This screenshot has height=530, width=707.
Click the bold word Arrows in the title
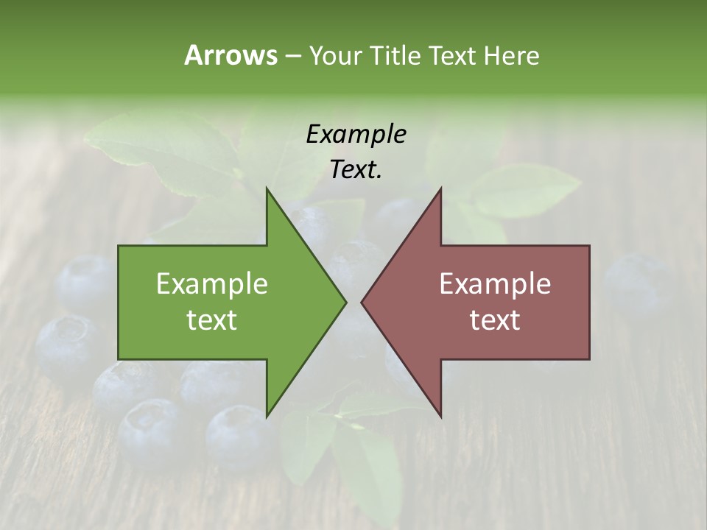(231, 55)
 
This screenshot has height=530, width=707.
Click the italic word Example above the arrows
(356, 134)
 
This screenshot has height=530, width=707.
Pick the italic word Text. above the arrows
(356, 170)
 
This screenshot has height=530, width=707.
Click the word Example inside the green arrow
(211, 283)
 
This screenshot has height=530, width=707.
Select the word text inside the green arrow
(211, 319)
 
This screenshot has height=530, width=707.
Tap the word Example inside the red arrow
(495, 283)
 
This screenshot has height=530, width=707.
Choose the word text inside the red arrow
(495, 319)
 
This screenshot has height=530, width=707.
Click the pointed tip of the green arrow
(345, 302)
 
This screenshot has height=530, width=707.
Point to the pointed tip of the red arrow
(362, 302)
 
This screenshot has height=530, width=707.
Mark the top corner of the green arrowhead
(267, 188)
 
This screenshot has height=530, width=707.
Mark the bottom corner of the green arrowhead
(267, 416)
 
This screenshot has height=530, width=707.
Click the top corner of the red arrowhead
(440, 188)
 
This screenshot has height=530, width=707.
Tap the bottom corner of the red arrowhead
(440, 416)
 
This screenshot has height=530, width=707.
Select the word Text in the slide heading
(453, 55)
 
